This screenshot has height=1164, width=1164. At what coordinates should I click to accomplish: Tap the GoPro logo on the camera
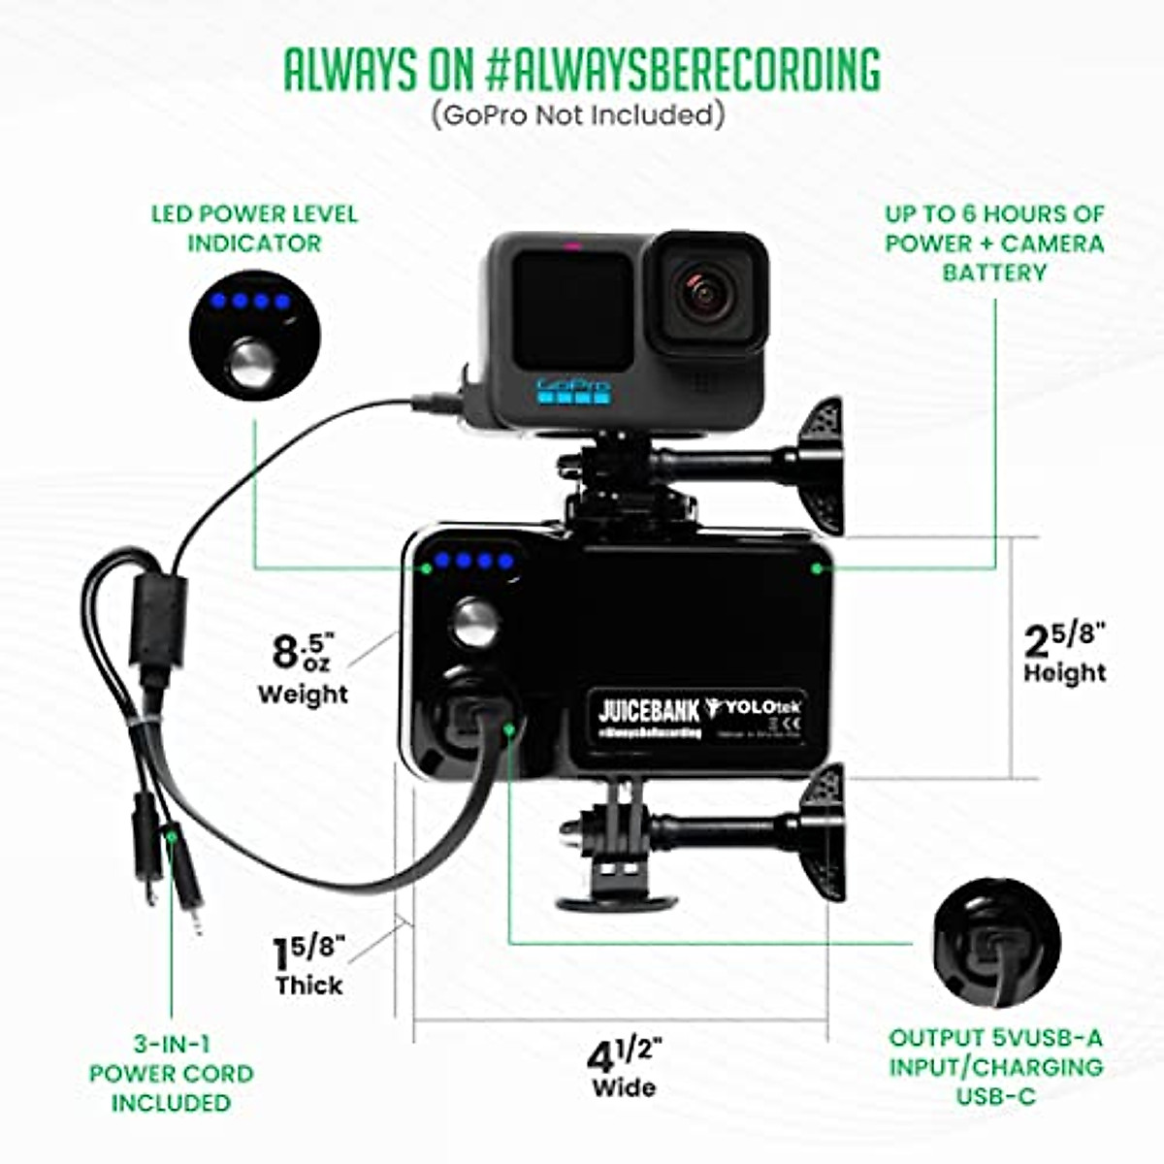[x=573, y=388]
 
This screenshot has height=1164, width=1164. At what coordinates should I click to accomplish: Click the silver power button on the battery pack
[x=475, y=622]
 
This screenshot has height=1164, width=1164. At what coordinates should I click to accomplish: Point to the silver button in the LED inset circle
[x=252, y=362]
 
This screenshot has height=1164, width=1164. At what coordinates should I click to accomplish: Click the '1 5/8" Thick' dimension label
[x=308, y=966]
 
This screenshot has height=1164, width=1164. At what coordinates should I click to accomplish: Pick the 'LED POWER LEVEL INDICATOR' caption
[x=254, y=228]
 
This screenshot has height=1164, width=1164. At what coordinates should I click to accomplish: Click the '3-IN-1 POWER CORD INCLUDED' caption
[x=172, y=1074]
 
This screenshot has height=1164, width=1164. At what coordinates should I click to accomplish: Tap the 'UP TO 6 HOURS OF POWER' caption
[x=994, y=242]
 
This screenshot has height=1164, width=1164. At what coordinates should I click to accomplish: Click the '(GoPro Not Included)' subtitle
[x=578, y=115]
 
